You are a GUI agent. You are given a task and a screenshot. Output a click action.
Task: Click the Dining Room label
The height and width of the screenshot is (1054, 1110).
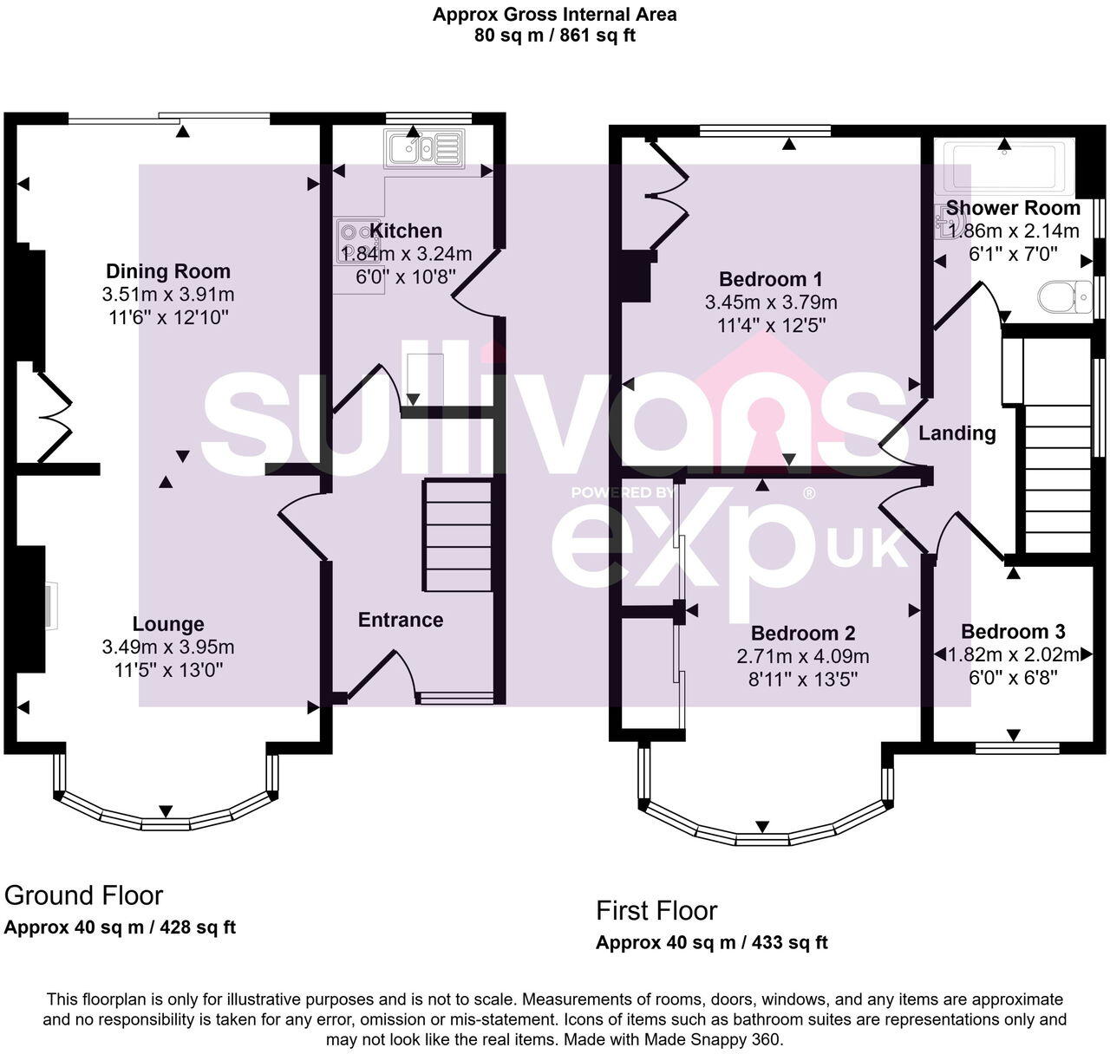(168, 271)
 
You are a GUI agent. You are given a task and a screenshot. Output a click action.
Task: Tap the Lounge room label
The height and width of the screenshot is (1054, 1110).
(168, 624)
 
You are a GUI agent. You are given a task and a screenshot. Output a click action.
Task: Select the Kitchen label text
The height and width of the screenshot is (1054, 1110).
(406, 231)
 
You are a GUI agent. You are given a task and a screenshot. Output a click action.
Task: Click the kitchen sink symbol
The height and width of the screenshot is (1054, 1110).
(425, 148)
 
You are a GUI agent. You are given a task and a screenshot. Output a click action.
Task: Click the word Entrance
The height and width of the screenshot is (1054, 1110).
(401, 620)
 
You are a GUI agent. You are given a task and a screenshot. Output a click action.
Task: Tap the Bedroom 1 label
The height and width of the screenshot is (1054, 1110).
(771, 279)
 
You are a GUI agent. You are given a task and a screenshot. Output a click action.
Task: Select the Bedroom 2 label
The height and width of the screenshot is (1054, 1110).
(803, 633)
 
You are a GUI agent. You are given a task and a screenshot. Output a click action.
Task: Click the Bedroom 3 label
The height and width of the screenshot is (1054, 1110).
(1013, 632)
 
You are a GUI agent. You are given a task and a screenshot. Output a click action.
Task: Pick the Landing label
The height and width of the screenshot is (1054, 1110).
(957, 433)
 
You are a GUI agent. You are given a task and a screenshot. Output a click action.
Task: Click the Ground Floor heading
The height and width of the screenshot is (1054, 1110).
(84, 895)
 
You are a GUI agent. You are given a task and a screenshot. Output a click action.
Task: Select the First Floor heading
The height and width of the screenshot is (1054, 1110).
(656, 911)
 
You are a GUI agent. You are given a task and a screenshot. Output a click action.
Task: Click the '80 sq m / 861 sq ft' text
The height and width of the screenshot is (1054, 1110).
(555, 36)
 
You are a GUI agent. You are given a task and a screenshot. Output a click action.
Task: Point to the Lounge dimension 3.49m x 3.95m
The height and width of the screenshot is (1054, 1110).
(168, 647)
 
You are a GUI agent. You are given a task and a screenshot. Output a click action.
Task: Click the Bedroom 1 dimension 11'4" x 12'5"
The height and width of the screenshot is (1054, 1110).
(771, 326)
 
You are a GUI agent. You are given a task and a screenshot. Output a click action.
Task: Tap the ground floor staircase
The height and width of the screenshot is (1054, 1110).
(457, 536)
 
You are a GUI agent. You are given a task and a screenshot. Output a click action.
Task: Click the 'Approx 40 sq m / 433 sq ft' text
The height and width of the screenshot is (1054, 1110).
(711, 943)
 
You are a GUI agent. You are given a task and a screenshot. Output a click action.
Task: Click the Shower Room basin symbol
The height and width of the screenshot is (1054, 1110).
(946, 221)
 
